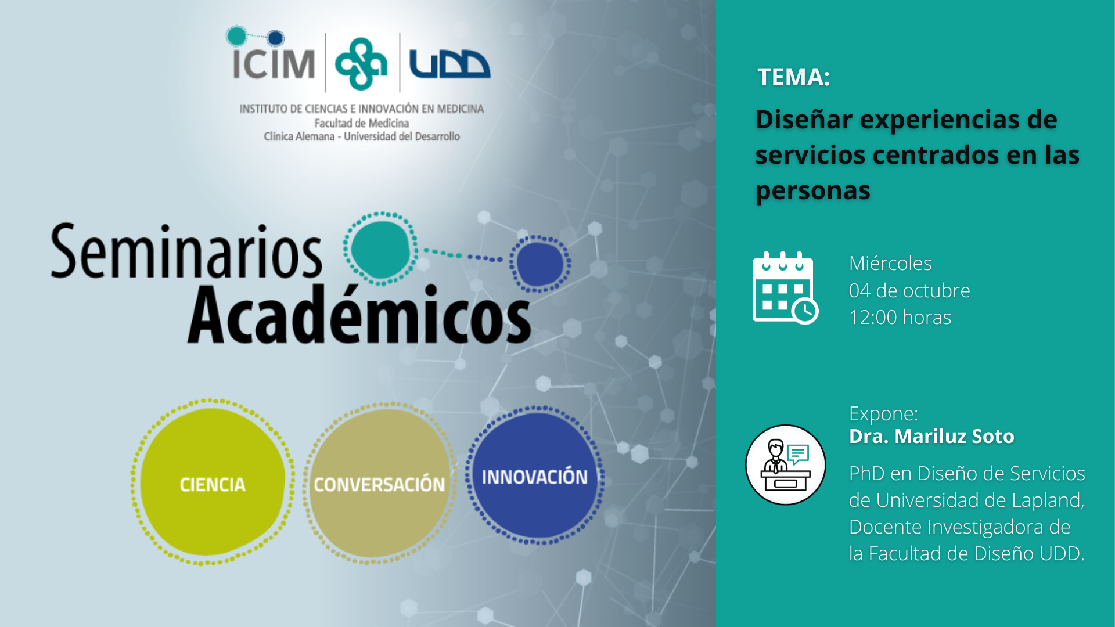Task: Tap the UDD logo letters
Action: click(449, 64)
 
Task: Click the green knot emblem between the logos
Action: click(361, 64)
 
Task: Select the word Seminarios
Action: click(186, 251)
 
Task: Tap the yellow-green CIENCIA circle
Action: click(212, 482)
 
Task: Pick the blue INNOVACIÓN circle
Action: click(535, 475)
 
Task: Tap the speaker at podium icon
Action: click(786, 465)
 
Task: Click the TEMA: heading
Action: click(794, 77)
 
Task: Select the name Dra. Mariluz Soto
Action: click(931, 436)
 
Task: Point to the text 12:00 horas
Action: click(900, 318)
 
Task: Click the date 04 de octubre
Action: click(909, 290)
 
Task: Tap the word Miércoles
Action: click(890, 263)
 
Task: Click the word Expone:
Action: click(884, 414)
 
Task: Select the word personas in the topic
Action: click(813, 191)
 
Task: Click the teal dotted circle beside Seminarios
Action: click(380, 249)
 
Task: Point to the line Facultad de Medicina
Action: click(362, 123)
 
